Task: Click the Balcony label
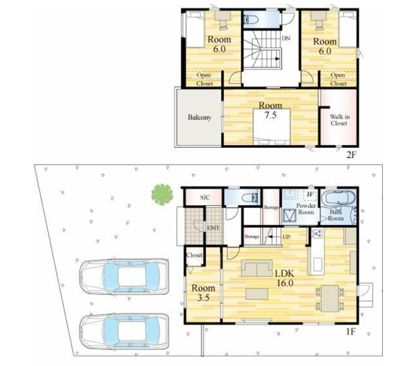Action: pyautogui.click(x=199, y=117)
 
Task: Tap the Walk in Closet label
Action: pyautogui.click(x=339, y=120)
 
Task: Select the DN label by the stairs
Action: pyautogui.click(x=286, y=39)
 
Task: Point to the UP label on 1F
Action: pyautogui.click(x=286, y=237)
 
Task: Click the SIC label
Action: pyautogui.click(x=205, y=198)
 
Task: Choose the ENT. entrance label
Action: pyautogui.click(x=214, y=228)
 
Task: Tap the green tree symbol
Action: pyautogui.click(x=162, y=195)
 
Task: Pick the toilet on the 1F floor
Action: pyautogui.click(x=250, y=198)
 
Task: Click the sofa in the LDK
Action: pyautogui.click(x=257, y=268)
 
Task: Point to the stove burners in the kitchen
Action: pyautogui.click(x=318, y=234)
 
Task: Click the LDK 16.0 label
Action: pyautogui.click(x=285, y=278)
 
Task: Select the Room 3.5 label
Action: pyautogui.click(x=203, y=293)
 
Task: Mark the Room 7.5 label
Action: pyautogui.click(x=271, y=110)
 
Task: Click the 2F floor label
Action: pyautogui.click(x=352, y=155)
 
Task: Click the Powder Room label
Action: pyautogui.click(x=306, y=209)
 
